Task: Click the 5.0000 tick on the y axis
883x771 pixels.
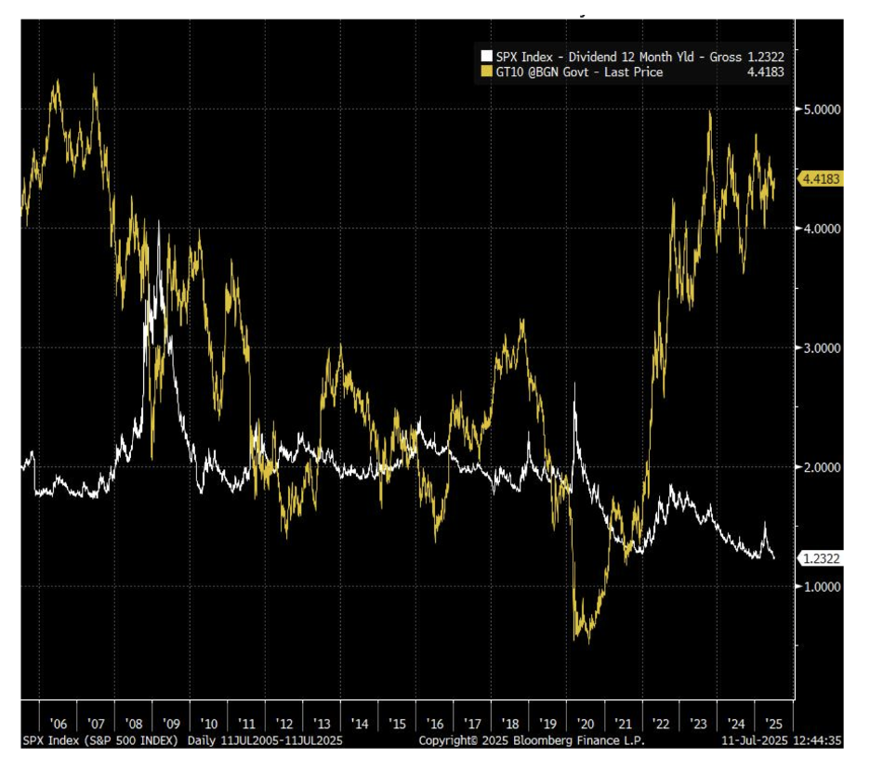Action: tap(823, 110)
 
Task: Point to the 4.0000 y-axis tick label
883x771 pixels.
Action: tap(823, 229)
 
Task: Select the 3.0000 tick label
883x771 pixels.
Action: tap(823, 348)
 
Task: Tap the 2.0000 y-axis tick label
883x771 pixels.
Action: tap(823, 467)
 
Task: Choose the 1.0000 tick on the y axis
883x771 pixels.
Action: tap(823, 586)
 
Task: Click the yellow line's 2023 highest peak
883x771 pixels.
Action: tap(710, 112)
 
